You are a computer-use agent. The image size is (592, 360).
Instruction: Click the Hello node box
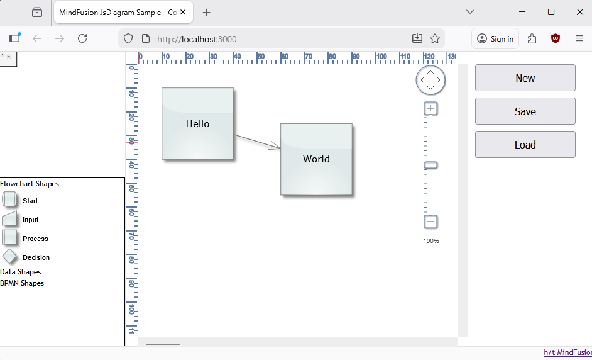pos(197,123)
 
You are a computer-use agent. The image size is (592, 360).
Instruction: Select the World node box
pos(316,159)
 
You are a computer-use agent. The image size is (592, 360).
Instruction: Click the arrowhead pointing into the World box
pos(276,146)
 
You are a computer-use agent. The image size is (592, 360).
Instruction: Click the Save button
pos(525,111)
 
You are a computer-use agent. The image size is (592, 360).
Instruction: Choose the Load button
pos(525,145)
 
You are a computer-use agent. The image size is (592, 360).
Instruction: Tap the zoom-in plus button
pos(430,108)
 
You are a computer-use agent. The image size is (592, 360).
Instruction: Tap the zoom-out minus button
pos(430,222)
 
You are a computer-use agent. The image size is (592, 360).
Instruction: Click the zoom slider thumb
pos(430,166)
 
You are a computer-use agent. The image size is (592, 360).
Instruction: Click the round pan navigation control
pos(430,80)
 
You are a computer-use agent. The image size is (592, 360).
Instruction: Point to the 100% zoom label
pos(431,241)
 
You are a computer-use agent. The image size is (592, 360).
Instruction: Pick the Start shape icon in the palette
pos(9,199)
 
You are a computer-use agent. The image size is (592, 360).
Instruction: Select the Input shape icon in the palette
pos(9,218)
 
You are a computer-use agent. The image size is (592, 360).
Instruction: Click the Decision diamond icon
pos(9,256)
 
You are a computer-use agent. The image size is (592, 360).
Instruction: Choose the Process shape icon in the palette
pos(9,237)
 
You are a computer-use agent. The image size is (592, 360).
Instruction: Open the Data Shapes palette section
pos(20,272)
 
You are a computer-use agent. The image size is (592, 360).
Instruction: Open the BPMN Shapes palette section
pos(22,283)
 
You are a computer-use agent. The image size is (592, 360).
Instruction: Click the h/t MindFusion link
pos(568,353)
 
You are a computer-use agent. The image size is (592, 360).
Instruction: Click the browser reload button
pos(82,38)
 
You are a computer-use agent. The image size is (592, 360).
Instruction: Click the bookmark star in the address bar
pos(435,38)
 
